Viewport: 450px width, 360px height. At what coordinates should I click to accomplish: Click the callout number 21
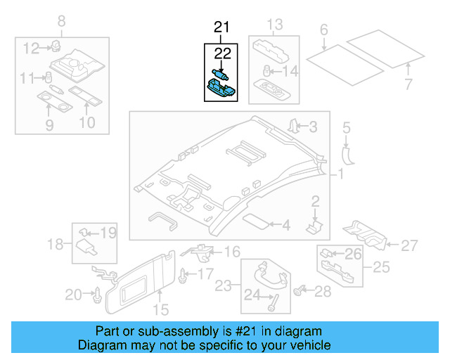(x=221, y=28)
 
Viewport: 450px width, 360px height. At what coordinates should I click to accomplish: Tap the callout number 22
(x=222, y=53)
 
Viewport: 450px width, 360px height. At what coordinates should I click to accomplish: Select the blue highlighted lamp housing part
(x=221, y=87)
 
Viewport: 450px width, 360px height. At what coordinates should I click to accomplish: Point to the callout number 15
(x=161, y=309)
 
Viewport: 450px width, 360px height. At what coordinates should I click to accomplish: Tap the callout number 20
(x=74, y=295)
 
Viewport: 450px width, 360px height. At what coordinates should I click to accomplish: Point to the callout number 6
(x=323, y=30)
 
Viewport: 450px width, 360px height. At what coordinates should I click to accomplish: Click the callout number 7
(x=409, y=86)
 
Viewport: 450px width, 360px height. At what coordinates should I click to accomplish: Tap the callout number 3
(x=313, y=127)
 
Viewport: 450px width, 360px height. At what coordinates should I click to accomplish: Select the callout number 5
(x=345, y=129)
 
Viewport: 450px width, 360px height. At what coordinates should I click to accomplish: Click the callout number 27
(x=409, y=245)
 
